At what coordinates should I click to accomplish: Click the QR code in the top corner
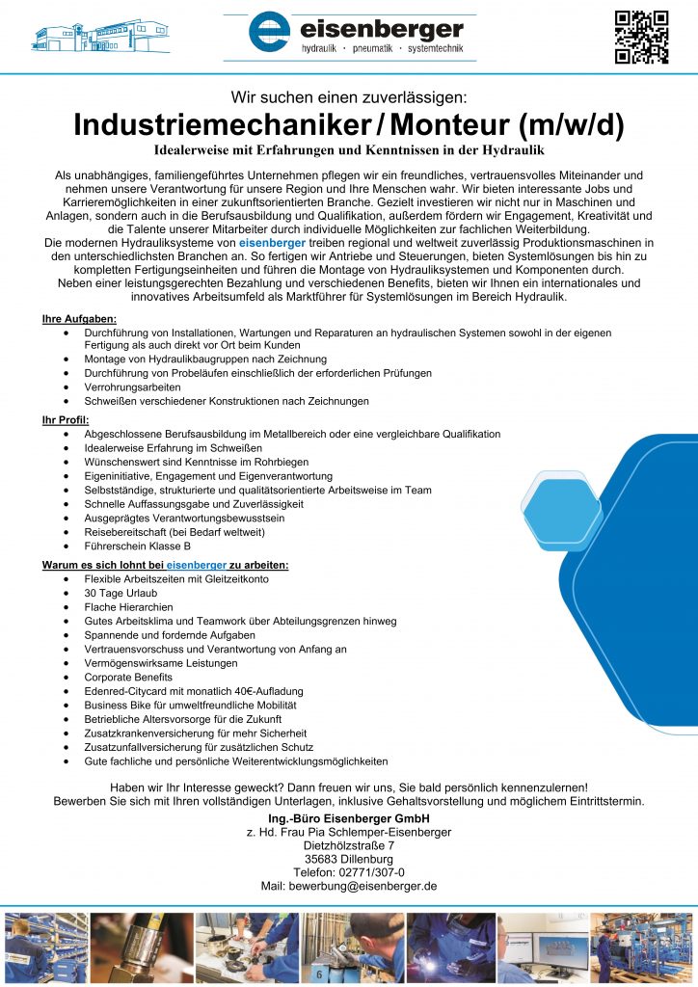[641, 38]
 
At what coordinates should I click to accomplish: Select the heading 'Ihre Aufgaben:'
[80, 318]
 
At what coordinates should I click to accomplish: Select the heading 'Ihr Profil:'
[66, 420]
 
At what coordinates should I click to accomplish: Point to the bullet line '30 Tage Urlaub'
[121, 594]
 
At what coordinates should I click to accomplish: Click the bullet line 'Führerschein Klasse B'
[137, 547]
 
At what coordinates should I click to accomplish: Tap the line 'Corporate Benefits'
[129, 678]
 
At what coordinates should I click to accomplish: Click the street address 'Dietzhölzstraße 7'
[348, 845]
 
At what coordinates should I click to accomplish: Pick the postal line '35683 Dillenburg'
[348, 859]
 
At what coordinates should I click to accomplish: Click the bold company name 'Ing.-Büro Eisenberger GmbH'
[348, 818]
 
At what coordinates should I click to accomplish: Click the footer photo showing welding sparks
[450, 947]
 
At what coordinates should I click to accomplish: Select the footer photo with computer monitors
[542, 947]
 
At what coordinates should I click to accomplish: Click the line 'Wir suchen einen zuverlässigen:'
[348, 96]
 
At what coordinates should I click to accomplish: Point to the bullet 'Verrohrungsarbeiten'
[132, 387]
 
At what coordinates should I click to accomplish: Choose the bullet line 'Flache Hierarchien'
[128, 607]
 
